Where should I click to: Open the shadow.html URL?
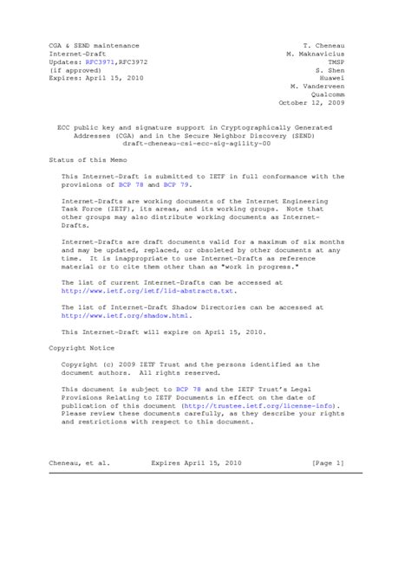tap(123, 317)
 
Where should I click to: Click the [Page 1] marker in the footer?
tap(328, 464)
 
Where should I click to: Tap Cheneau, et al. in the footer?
tap(80, 464)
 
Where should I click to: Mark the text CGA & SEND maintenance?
tap(93, 44)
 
